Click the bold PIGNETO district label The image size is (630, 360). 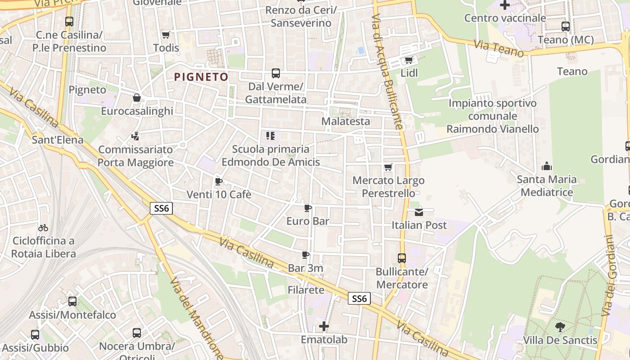(x=201, y=77)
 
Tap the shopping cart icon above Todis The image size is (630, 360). (x=166, y=35)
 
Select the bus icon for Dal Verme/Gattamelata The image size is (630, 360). (x=275, y=73)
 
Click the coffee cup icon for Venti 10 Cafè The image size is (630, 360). (x=218, y=181)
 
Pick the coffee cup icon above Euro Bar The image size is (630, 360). (x=308, y=208)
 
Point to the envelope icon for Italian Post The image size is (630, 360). (x=419, y=212)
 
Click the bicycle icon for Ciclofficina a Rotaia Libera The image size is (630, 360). (x=43, y=228)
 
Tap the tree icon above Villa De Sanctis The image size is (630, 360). (x=560, y=327)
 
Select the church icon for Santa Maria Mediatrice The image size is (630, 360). (x=547, y=166)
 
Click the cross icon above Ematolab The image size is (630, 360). (x=324, y=326)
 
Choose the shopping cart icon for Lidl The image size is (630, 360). (x=409, y=60)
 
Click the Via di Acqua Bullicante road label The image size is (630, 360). (x=387, y=72)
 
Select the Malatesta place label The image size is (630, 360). (x=346, y=121)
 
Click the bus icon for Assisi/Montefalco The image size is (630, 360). (x=72, y=301)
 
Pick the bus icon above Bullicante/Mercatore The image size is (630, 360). (x=402, y=258)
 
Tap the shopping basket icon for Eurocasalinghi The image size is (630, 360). (x=137, y=98)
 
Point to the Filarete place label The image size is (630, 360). (x=306, y=290)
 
